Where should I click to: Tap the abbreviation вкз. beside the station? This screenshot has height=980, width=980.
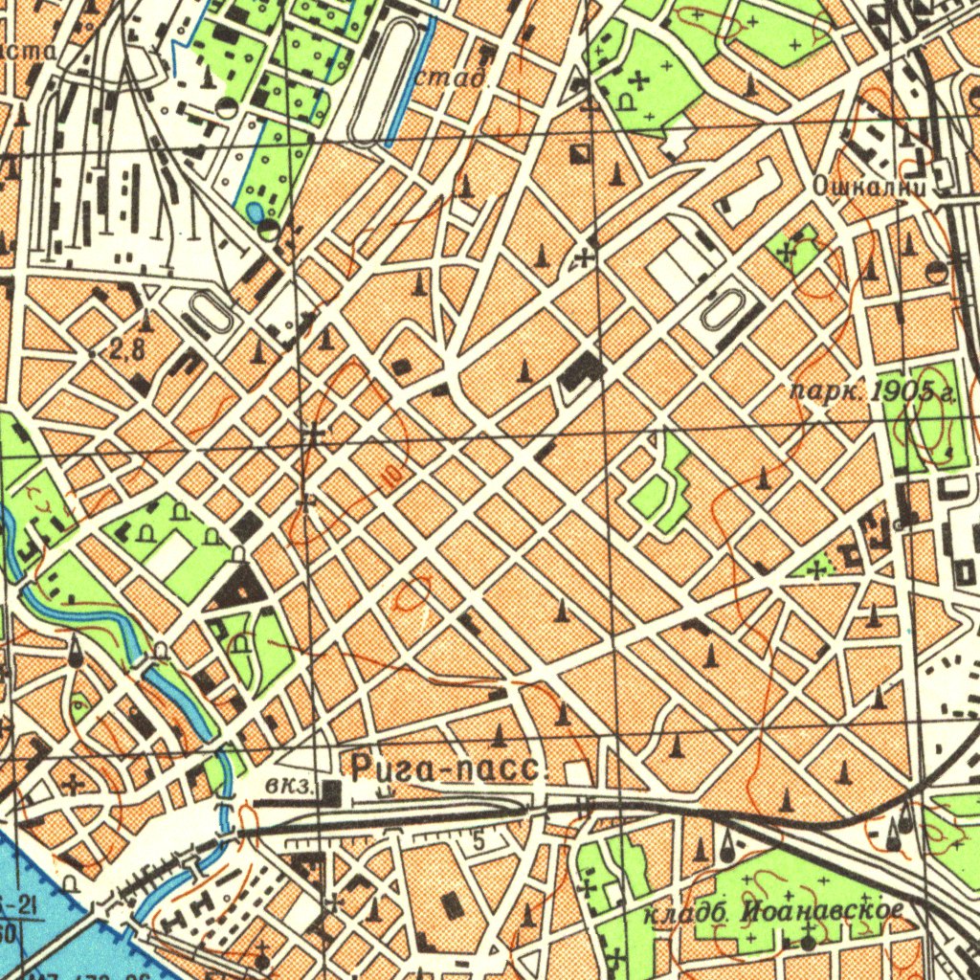pyautogui.click(x=292, y=787)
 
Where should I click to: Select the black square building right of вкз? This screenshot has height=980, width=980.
pyautogui.click(x=331, y=791)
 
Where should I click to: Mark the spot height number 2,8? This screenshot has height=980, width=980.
pyautogui.click(x=126, y=349)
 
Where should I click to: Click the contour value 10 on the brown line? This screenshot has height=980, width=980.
pyautogui.click(x=389, y=473)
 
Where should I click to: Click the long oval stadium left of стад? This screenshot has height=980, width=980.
pyautogui.click(x=380, y=83)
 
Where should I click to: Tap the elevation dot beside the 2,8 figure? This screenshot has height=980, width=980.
pyautogui.click(x=92, y=353)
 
